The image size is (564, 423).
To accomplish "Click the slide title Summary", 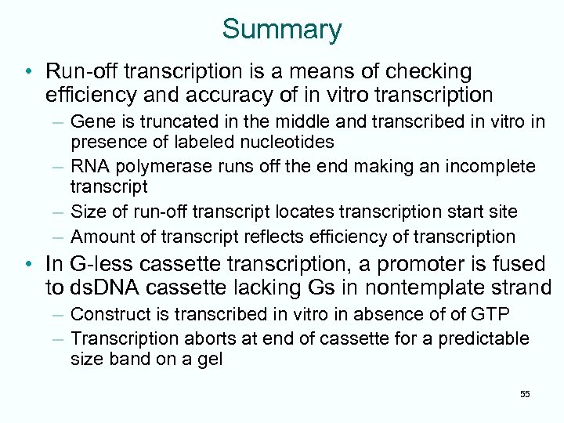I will click(282, 29).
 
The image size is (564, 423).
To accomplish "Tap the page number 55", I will click(525, 393).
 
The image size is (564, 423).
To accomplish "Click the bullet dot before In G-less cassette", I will click(28, 264).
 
